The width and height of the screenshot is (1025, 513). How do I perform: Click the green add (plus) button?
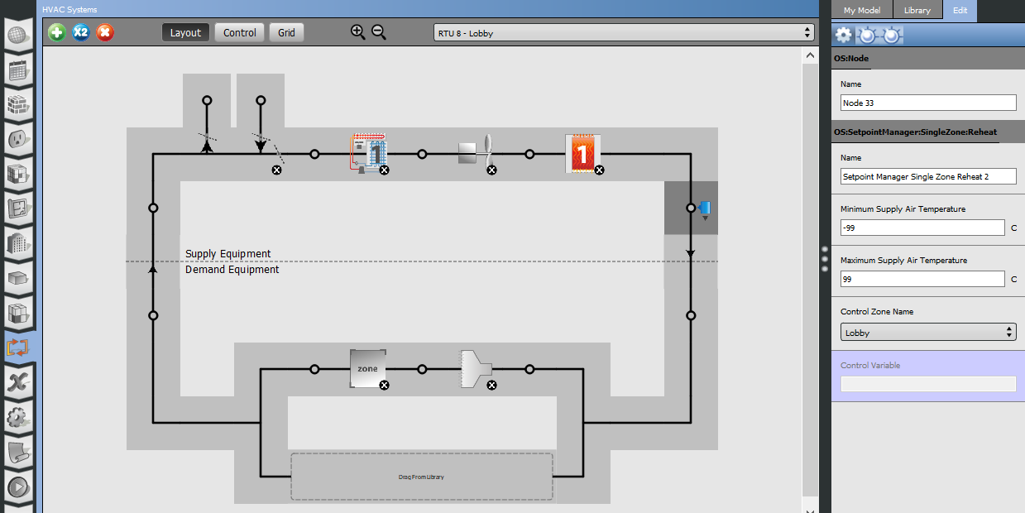[57, 32]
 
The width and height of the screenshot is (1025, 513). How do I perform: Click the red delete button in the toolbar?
[105, 32]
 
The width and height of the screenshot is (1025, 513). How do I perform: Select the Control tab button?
[239, 32]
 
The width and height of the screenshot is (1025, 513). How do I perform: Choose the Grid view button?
[286, 32]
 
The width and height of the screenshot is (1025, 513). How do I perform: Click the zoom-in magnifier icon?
[357, 32]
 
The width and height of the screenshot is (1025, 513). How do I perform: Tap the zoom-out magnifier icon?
[379, 32]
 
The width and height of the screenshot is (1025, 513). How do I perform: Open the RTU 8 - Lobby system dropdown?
[624, 33]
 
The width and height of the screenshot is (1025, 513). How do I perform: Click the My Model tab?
[862, 10]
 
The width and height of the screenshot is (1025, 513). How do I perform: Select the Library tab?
[917, 10]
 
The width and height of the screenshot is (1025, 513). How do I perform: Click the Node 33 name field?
[928, 103]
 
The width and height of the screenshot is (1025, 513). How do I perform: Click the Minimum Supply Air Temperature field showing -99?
[922, 228]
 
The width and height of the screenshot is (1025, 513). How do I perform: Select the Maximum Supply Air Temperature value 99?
[922, 279]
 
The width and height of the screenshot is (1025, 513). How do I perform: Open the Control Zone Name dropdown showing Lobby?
[928, 333]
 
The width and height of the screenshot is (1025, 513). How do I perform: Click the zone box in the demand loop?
[368, 368]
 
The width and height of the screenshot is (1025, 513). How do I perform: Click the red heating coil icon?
[583, 154]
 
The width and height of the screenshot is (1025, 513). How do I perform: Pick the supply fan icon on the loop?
[476, 153]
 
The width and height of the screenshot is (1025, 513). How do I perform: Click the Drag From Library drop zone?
[421, 477]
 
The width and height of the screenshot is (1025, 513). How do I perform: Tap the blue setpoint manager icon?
[705, 209]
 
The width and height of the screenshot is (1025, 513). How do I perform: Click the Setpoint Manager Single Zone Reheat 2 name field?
[928, 176]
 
